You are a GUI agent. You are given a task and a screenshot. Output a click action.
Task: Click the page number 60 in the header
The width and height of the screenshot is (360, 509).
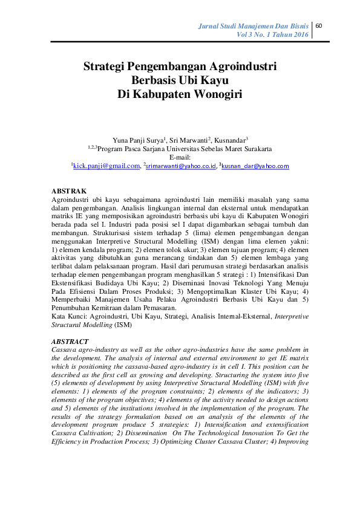pos(319,25)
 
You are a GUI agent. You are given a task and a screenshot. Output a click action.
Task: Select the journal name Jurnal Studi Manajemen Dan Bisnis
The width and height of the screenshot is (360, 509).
pos(254,26)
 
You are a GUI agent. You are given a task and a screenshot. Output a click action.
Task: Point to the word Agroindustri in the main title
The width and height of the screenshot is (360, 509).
pos(238,66)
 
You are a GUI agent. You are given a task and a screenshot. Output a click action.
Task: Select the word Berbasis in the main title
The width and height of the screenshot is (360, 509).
pos(155,80)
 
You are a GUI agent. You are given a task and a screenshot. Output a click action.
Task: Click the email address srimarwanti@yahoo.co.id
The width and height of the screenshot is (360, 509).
pos(181,166)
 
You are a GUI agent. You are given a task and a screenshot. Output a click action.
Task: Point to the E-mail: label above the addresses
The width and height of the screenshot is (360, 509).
pos(180,156)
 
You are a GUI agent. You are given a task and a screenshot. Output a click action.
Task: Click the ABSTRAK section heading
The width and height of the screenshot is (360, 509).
pos(68,190)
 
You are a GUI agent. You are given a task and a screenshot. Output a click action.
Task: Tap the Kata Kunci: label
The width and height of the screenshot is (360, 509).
pos(69,316)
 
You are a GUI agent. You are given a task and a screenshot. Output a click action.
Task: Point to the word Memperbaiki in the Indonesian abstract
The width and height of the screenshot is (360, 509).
pos(74,300)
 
